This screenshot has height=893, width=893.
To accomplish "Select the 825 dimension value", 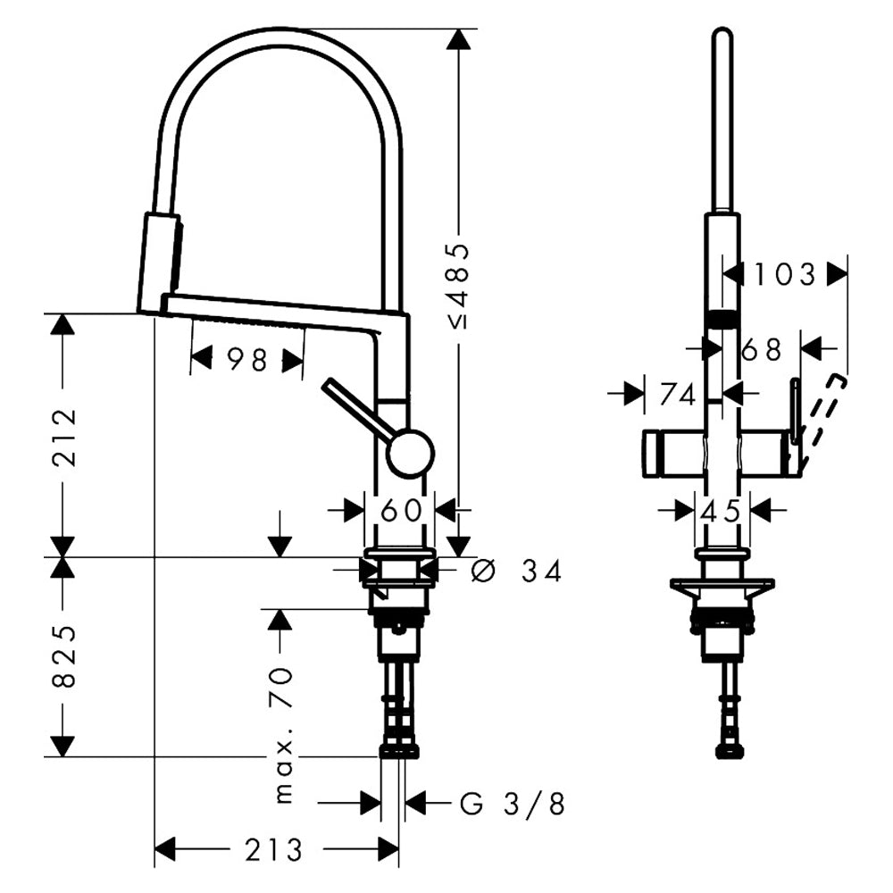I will point(63,656).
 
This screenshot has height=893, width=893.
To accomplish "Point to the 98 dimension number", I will point(247,360).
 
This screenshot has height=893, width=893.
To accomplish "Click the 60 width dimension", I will point(401,511).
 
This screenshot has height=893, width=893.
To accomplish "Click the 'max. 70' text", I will point(284,732).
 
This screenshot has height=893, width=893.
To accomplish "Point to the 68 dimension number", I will point(761,349).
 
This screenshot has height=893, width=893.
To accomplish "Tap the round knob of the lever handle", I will point(411,452).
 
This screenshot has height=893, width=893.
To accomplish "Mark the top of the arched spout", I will point(277,34).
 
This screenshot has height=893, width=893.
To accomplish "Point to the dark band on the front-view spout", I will point(722,317).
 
